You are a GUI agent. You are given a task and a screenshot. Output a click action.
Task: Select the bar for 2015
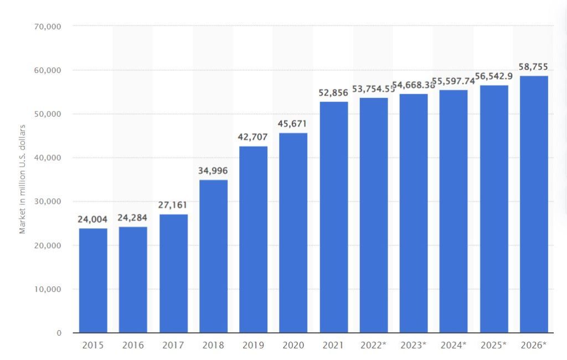pos(93,280)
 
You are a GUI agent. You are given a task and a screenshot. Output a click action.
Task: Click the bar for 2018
pos(213,256)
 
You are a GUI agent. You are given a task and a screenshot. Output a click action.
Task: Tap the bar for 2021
pos(333,217)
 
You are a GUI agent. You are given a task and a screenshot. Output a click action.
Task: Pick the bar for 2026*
pos(533,204)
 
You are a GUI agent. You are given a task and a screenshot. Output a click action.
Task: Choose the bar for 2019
pos(253,239)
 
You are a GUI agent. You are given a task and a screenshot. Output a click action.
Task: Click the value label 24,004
pos(92,219)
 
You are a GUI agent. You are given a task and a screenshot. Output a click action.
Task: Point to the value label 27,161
pos(173,205)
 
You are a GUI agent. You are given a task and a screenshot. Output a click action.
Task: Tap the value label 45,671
pos(293,124)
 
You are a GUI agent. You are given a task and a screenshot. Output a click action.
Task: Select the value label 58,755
pos(533,67)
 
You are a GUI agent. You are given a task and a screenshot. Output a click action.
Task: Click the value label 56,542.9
pos(493,76)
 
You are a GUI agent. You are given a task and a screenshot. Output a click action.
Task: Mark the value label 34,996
pos(213,171)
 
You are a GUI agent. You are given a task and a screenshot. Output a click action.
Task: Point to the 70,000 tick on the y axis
pos(48,26)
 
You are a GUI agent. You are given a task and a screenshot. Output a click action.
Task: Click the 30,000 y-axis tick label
pos(48,202)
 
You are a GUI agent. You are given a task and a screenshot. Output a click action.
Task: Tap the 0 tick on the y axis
pos(58,333)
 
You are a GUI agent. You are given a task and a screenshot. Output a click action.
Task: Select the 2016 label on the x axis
pos(133,345)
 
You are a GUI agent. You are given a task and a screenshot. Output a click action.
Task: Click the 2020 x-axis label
pos(293,345)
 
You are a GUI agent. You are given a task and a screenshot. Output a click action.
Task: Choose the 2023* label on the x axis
pos(413,345)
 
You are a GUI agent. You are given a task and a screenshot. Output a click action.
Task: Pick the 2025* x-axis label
pos(493,345)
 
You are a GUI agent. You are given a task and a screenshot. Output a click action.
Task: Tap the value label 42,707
pos(253,137)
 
